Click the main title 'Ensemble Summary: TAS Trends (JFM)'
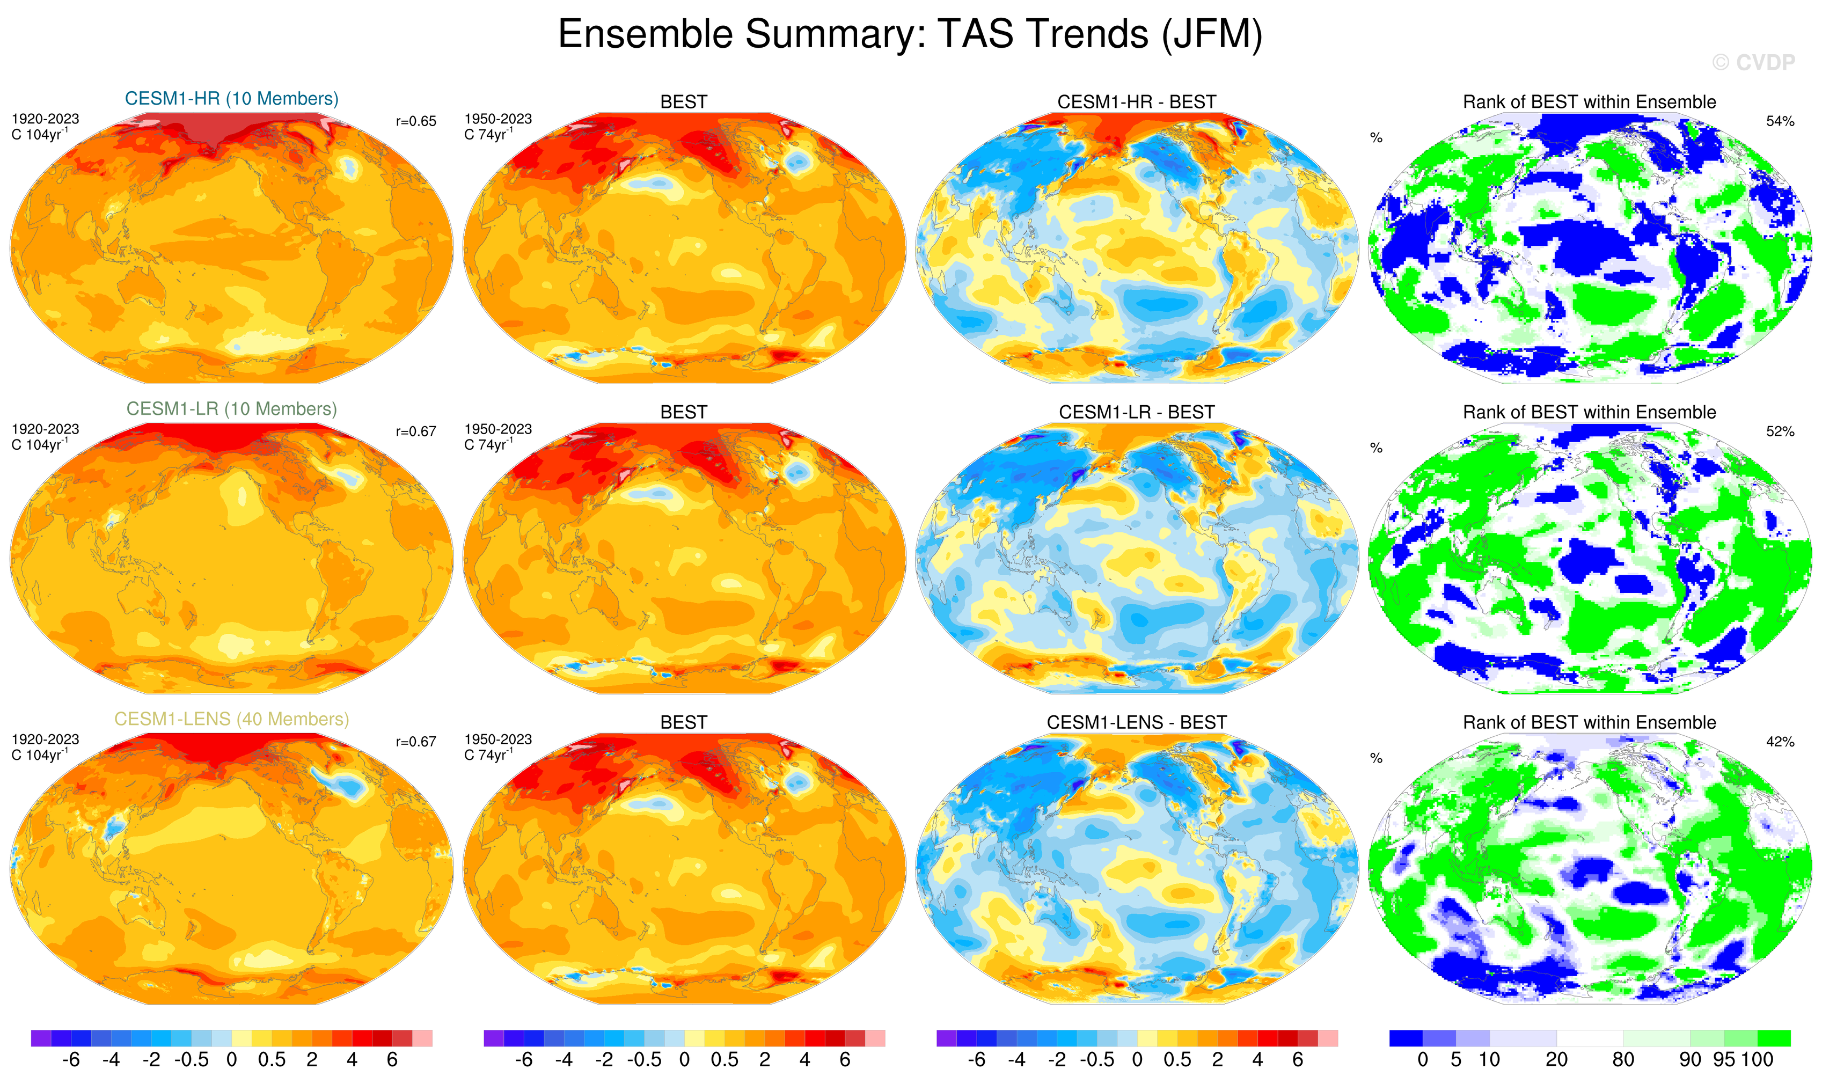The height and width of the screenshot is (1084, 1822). (x=910, y=34)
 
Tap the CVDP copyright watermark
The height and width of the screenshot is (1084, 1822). (x=1753, y=63)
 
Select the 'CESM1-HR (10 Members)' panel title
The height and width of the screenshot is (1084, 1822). (x=232, y=99)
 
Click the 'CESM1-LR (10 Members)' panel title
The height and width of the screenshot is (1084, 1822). (x=232, y=409)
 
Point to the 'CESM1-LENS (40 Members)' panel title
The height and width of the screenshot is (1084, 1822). (x=232, y=720)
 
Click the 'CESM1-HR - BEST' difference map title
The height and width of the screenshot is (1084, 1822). (x=1136, y=102)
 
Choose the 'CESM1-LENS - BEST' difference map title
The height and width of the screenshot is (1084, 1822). (x=1136, y=722)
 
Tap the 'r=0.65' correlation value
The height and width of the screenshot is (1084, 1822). (x=416, y=121)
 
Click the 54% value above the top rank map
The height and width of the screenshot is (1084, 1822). (x=1780, y=121)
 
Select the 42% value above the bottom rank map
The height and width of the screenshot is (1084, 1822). (x=1780, y=742)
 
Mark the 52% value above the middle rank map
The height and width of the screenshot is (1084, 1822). (x=1780, y=431)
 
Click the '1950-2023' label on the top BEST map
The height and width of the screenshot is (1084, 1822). (x=497, y=119)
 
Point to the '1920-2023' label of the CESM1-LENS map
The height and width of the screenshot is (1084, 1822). (x=45, y=739)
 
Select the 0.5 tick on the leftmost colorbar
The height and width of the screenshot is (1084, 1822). (x=272, y=1060)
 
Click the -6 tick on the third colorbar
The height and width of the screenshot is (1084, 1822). (x=976, y=1060)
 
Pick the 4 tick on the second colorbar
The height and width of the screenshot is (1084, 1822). (x=804, y=1060)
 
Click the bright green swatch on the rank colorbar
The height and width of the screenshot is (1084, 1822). (x=1773, y=1038)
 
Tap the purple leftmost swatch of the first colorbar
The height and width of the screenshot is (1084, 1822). (x=41, y=1038)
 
